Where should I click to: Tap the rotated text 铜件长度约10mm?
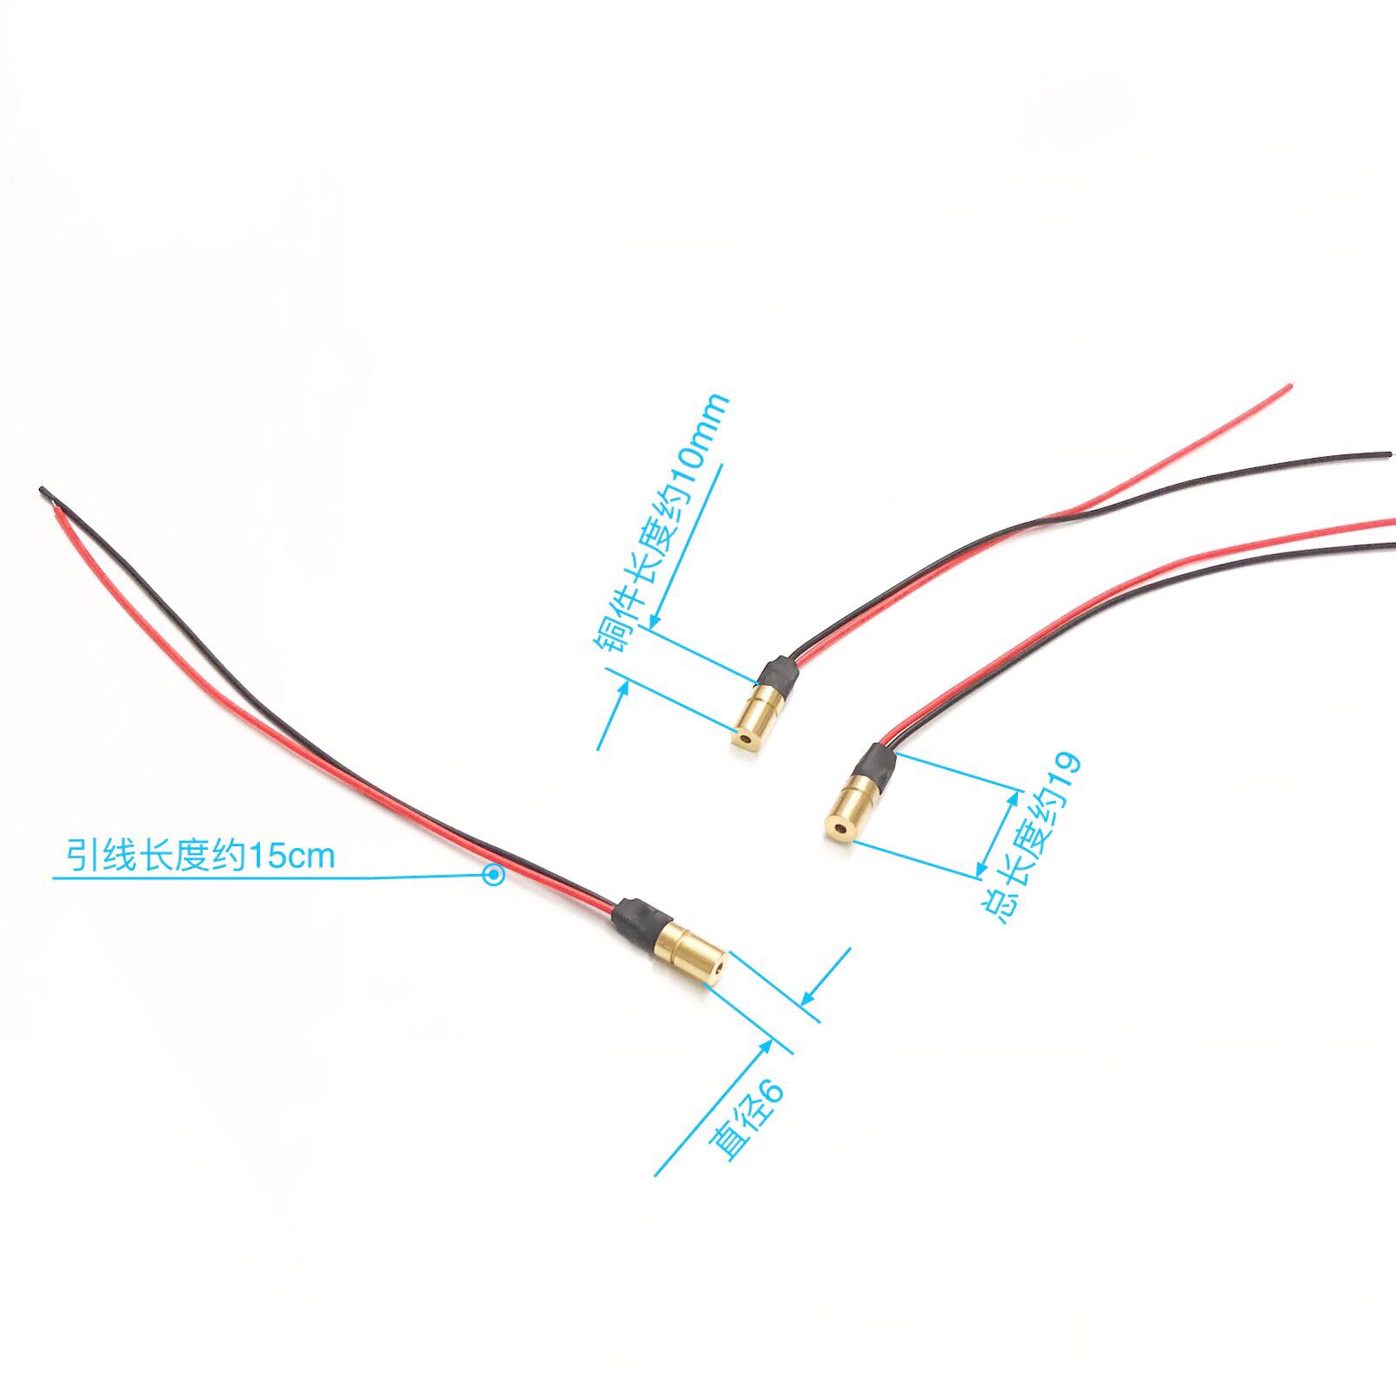coord(661,529)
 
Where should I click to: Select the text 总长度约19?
coord(1033,837)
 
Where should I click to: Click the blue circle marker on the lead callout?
coord(493,876)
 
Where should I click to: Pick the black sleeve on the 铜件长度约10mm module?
coord(774,674)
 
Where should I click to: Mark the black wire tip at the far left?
coord(41,492)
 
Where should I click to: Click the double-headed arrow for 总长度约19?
coord(998,832)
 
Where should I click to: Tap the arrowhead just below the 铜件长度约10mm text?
coord(655,619)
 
